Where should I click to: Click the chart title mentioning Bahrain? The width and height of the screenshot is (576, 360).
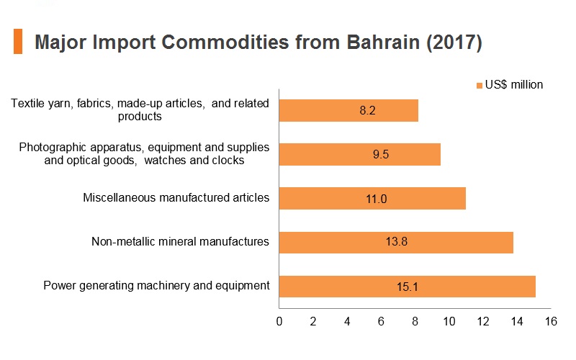(x=258, y=42)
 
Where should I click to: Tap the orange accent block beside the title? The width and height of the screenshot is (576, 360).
(x=18, y=42)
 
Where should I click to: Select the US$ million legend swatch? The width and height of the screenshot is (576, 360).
(x=479, y=86)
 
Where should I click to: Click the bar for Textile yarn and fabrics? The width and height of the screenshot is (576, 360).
(x=348, y=110)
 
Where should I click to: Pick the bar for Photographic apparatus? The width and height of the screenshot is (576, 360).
(x=359, y=154)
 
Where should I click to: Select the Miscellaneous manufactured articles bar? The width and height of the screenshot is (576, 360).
(x=372, y=199)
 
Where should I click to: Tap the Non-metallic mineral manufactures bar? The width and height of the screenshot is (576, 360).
(x=396, y=242)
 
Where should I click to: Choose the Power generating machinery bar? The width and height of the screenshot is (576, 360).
(x=408, y=286)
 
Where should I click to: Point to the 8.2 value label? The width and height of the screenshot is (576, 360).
(x=367, y=110)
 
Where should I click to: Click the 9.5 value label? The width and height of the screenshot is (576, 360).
(x=381, y=154)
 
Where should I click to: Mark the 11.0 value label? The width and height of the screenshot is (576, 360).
(x=376, y=199)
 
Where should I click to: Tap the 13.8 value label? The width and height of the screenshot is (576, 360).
(x=397, y=241)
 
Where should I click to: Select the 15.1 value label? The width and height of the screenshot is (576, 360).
(x=408, y=287)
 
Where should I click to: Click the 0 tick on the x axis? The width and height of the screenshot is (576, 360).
(x=279, y=321)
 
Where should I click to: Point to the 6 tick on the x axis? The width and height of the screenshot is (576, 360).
(x=381, y=321)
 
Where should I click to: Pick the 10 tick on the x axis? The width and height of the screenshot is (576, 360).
(x=449, y=321)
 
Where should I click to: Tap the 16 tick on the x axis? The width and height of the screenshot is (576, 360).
(x=551, y=321)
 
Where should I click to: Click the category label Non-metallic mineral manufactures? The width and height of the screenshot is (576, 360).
(x=180, y=241)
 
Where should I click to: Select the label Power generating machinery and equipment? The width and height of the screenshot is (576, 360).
(x=156, y=285)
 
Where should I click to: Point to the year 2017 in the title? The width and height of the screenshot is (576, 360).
(x=454, y=42)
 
